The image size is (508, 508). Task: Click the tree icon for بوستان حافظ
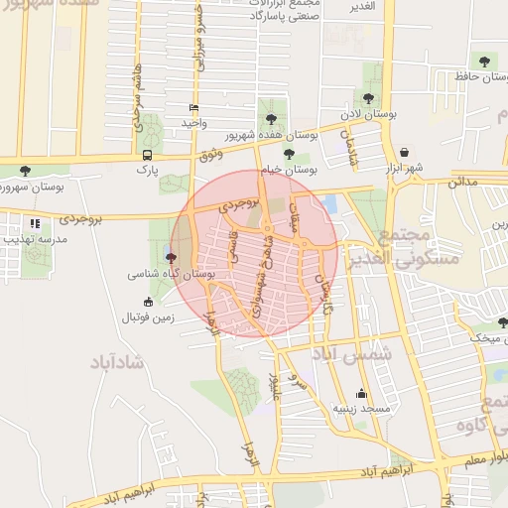coord(484,61)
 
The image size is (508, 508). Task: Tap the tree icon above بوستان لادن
coord(369,98)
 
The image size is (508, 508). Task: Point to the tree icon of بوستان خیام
coord(289,153)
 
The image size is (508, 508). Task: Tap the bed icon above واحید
coord(192,107)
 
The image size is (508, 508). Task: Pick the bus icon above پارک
coord(148,155)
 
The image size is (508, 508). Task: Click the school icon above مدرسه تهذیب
coord(36,224)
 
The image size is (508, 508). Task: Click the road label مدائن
coord(463,182)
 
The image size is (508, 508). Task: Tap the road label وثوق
coord(210,154)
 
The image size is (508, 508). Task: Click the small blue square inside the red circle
coord(330,202)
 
